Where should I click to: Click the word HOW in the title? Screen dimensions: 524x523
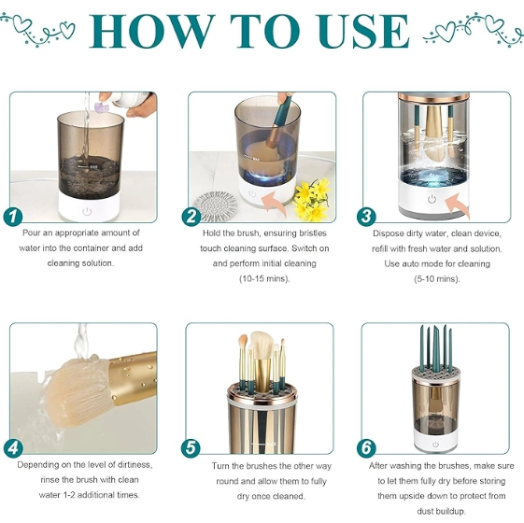[151, 32]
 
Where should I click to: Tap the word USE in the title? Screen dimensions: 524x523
[363, 32]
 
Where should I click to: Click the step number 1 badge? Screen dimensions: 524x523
[13, 217]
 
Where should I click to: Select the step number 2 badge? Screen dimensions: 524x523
[191, 217]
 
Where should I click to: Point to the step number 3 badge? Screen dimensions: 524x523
[366, 217]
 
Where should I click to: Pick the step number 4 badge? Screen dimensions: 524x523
[13, 448]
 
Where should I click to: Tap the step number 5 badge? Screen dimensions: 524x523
[191, 448]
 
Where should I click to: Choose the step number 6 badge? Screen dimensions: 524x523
[366, 448]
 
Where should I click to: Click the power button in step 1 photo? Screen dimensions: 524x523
[87, 211]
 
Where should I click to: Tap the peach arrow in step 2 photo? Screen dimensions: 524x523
[275, 202]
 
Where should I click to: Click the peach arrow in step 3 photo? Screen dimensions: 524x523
[457, 205]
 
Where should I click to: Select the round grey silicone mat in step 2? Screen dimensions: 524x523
[215, 206]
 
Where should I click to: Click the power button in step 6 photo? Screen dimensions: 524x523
[435, 445]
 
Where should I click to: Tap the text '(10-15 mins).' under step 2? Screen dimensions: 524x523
[264, 278]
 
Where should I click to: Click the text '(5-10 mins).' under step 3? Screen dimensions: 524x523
[437, 278]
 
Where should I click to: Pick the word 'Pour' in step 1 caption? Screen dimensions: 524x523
[32, 233]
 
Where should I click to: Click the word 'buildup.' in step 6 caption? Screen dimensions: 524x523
[441, 511]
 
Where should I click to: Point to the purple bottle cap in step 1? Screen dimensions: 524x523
[102, 108]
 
